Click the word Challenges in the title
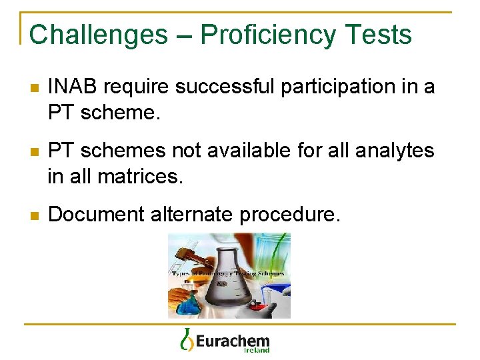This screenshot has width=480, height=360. pos(99,35)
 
